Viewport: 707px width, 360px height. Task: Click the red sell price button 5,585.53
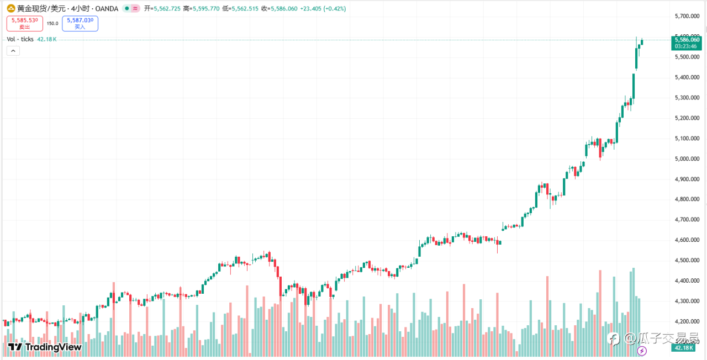(x=25, y=23)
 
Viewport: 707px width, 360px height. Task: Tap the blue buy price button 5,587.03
(x=80, y=23)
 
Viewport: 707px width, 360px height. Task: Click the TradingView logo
(x=45, y=347)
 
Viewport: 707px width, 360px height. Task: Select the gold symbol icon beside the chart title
(x=10, y=9)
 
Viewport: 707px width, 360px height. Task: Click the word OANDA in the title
(x=106, y=9)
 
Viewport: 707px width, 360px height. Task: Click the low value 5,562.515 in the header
(x=244, y=9)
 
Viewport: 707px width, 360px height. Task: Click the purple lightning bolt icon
(x=642, y=351)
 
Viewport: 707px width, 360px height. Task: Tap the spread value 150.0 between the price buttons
(x=52, y=23)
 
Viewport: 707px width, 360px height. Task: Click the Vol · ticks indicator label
(x=20, y=39)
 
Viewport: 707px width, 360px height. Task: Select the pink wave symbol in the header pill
(x=135, y=9)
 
